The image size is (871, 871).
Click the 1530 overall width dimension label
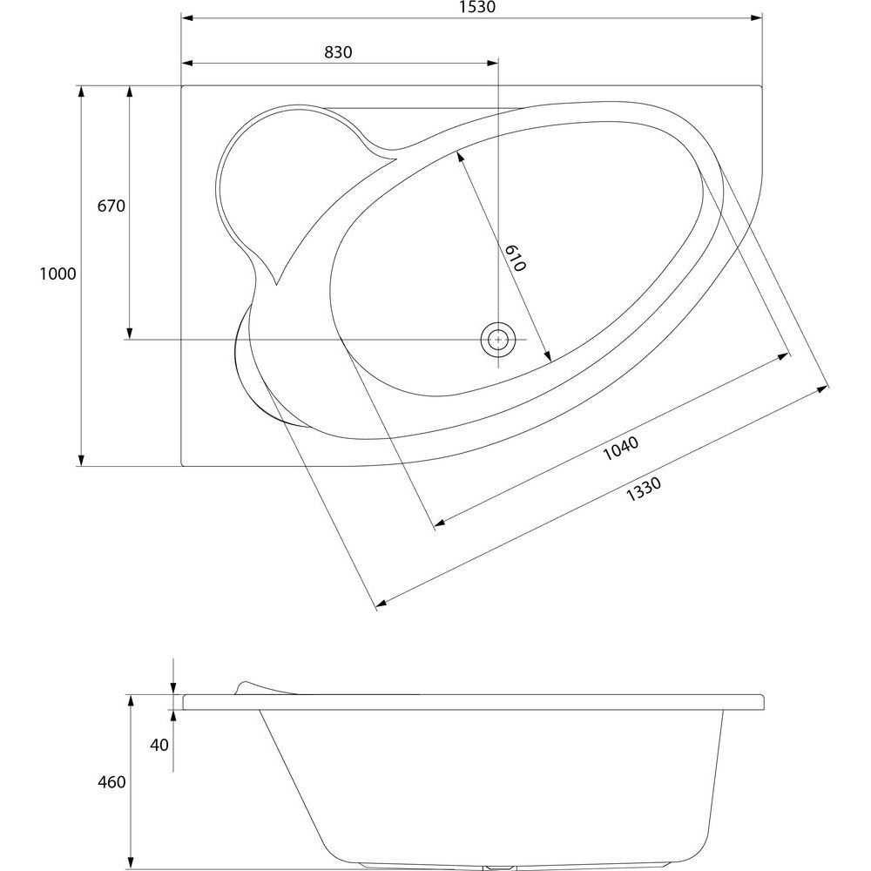click(x=477, y=7)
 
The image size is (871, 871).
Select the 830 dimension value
click(x=338, y=52)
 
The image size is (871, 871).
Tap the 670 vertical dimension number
click(x=111, y=206)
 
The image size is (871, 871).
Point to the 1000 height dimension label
click(x=57, y=273)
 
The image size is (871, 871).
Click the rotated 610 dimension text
click(x=516, y=259)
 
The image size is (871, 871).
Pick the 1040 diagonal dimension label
click(x=621, y=449)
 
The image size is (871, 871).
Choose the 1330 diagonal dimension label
click(x=644, y=490)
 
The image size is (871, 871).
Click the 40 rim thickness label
click(x=159, y=745)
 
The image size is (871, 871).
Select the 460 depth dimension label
click(x=111, y=782)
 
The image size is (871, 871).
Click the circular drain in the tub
click(x=498, y=340)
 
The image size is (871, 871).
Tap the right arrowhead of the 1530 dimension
click(x=756, y=18)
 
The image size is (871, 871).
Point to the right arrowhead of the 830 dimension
click(x=492, y=64)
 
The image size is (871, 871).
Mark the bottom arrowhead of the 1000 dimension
click(x=81, y=460)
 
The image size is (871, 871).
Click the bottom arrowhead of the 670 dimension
click(x=130, y=333)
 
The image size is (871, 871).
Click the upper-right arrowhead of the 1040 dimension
click(x=784, y=356)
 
